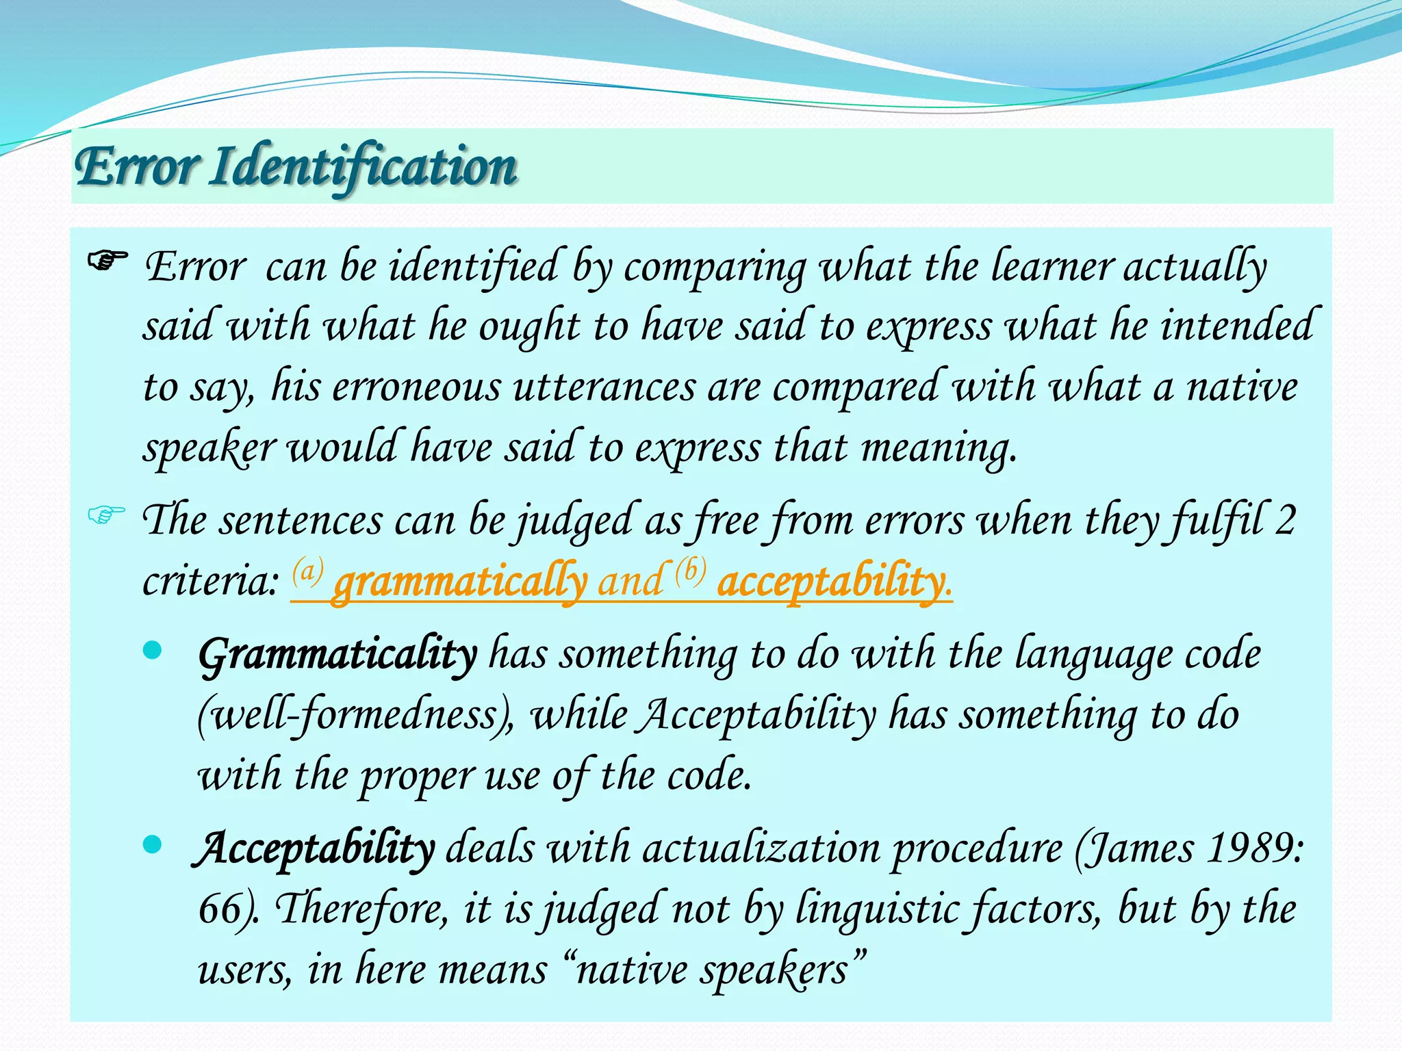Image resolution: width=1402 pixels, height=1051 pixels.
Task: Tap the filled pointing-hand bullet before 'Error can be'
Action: pos(108,261)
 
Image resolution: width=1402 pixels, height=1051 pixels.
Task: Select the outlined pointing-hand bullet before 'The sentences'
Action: pos(107,514)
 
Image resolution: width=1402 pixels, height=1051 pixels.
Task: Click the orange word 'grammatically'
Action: pos(460,582)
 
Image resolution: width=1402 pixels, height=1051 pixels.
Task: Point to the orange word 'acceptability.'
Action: pos(834,582)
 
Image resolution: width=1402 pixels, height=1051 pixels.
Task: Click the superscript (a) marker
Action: pos(308,570)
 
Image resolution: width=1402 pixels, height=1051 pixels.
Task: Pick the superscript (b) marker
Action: pos(690,570)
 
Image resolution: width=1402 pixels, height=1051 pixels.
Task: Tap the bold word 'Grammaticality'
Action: pos(337,655)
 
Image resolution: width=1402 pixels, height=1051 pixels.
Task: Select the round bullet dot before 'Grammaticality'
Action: pos(153,650)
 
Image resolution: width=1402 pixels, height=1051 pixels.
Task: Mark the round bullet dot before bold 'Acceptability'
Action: pos(153,844)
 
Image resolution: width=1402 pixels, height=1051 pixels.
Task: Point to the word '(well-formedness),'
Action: pos(356,716)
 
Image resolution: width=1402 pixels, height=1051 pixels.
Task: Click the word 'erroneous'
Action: pos(417,387)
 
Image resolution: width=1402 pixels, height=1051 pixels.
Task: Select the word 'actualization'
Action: pos(761,849)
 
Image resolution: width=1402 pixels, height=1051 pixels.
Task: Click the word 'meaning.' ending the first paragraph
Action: pos(939,448)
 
